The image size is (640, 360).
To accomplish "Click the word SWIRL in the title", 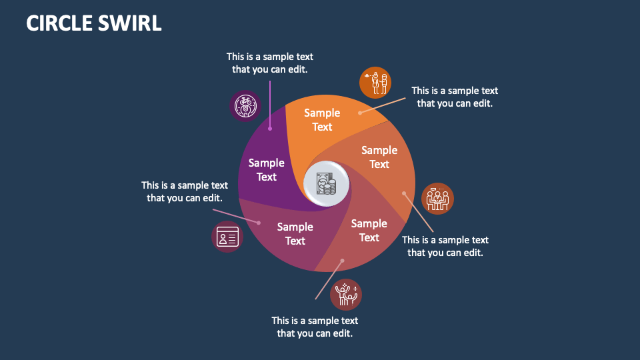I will [131, 23].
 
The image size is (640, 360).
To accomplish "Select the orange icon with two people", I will [375, 83].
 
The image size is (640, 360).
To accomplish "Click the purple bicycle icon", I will [245, 105].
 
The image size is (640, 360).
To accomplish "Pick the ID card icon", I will [227, 237].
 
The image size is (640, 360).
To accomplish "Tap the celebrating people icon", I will [346, 295].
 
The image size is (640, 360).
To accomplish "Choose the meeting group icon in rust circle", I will [437, 199].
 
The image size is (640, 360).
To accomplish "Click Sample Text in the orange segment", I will [322, 120].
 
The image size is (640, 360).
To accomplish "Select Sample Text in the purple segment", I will [267, 170].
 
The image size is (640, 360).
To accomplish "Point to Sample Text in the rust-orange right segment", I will [379, 157].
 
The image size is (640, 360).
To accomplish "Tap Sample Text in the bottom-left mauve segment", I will [295, 234].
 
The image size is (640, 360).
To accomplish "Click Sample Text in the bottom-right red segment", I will [369, 231].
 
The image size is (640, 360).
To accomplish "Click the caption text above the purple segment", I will [269, 63].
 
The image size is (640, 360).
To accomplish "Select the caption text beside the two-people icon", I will [455, 97].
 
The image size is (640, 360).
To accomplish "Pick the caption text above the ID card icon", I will [185, 191].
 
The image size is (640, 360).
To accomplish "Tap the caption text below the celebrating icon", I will [315, 327].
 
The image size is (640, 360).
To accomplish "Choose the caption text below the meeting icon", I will [445, 246].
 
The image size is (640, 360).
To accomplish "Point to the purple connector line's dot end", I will [270, 129].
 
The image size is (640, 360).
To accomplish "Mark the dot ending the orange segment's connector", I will [361, 113].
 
